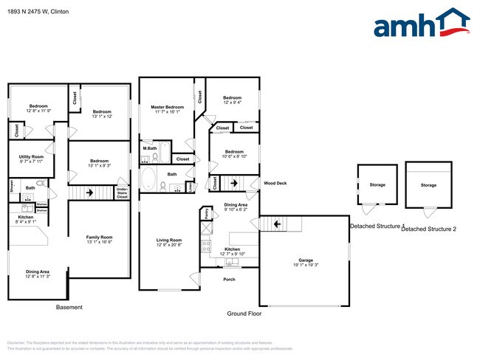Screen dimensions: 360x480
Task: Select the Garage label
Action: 306,260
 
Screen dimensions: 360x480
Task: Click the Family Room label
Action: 98,236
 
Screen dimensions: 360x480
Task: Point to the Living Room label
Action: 168,240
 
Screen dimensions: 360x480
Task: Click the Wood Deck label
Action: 275,183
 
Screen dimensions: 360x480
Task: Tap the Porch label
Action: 230,280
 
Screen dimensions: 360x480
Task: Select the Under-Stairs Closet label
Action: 123,194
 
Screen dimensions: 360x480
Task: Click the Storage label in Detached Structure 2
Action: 428,185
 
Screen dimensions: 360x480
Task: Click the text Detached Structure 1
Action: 377,226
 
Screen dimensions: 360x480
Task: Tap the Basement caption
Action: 70,307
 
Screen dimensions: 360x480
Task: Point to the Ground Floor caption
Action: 244,314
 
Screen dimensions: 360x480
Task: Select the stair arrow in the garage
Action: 275,224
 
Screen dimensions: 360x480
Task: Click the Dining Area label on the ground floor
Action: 236,204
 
